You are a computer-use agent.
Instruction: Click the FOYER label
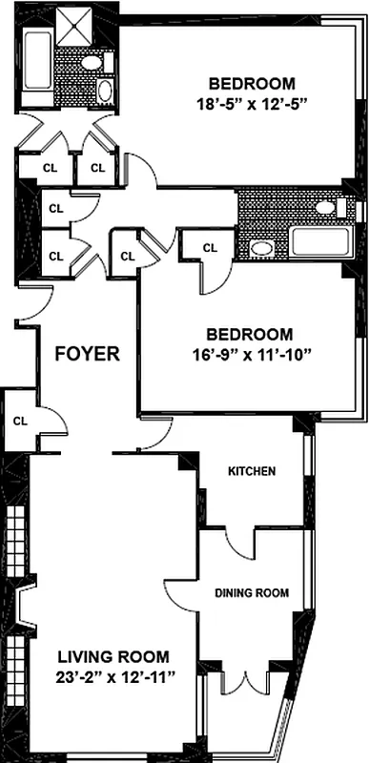pyautogui.click(x=87, y=354)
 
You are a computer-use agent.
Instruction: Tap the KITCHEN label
pyautogui.click(x=252, y=471)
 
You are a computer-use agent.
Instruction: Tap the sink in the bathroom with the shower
pyautogui.click(x=105, y=93)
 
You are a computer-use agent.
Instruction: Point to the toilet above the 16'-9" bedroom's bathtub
pyautogui.click(x=326, y=207)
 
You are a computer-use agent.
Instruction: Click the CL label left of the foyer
pyautogui.click(x=20, y=421)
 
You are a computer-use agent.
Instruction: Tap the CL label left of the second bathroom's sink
pyautogui.click(x=210, y=247)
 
